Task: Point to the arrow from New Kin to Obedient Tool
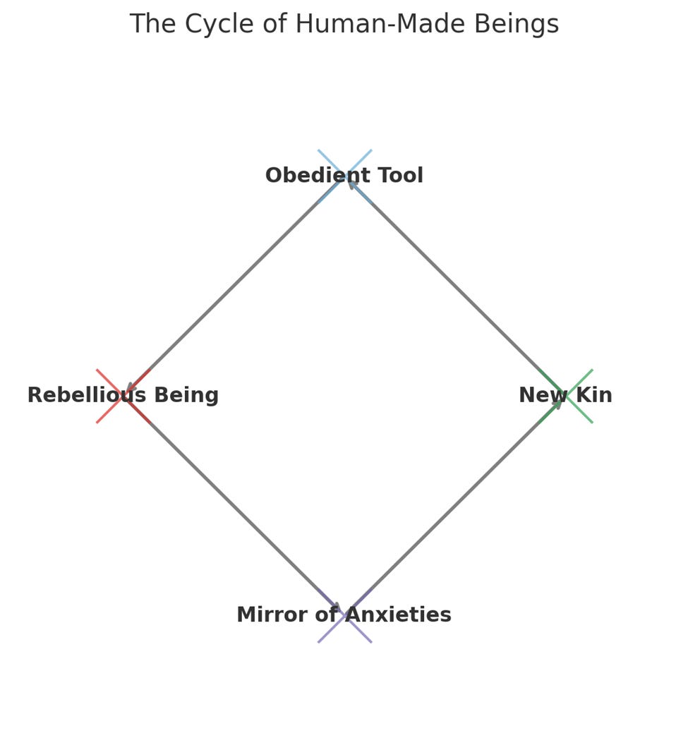(x=455, y=286)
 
